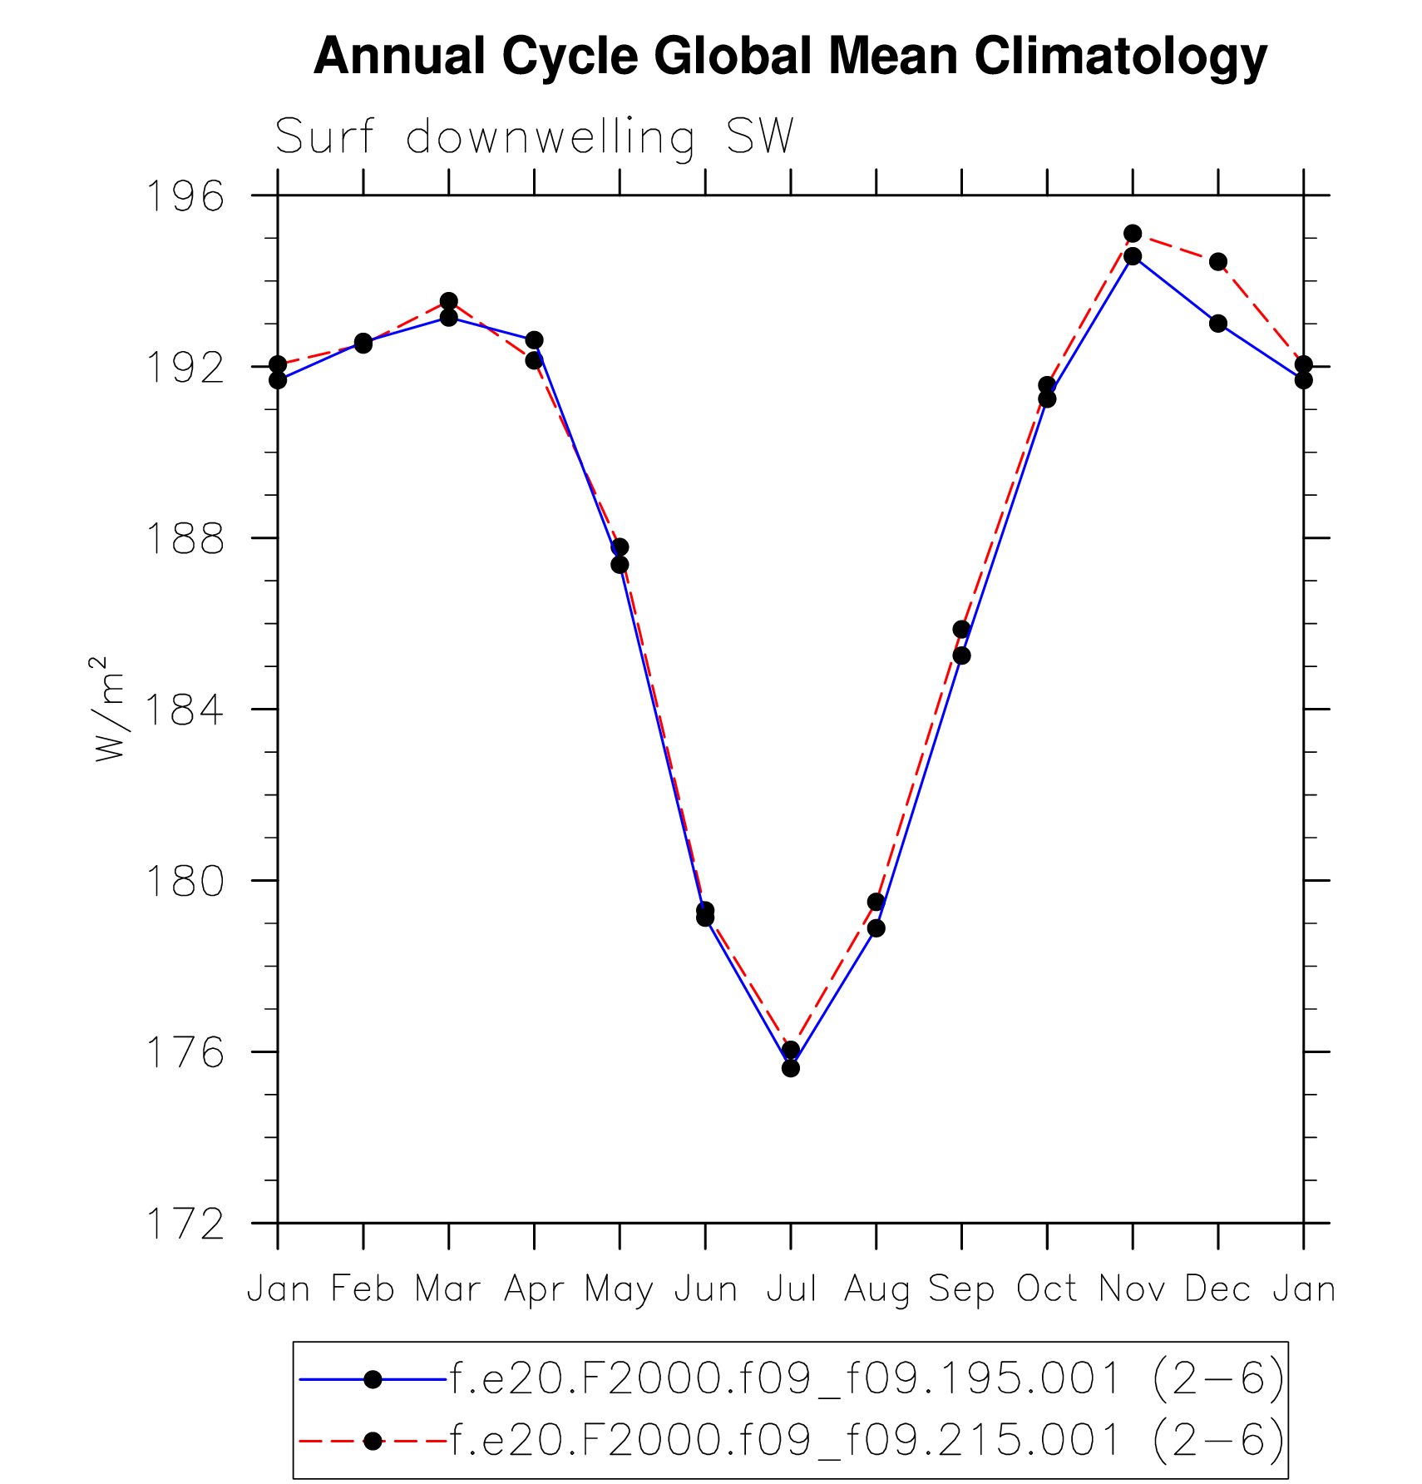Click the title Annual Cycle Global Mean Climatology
click(790, 57)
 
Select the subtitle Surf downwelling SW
click(534, 137)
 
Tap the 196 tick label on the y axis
click(185, 196)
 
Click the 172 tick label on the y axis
click(185, 1224)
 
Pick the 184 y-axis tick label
click(185, 710)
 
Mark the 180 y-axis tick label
click(185, 882)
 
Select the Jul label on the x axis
click(791, 1289)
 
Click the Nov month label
click(1133, 1289)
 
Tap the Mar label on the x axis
click(448, 1289)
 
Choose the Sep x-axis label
click(961, 1289)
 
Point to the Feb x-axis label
click(363, 1289)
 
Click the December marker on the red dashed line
click(1218, 262)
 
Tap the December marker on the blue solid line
click(1218, 324)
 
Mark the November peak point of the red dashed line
click(1133, 234)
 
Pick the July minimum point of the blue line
click(791, 1068)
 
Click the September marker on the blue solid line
click(961, 655)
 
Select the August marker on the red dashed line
click(876, 902)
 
